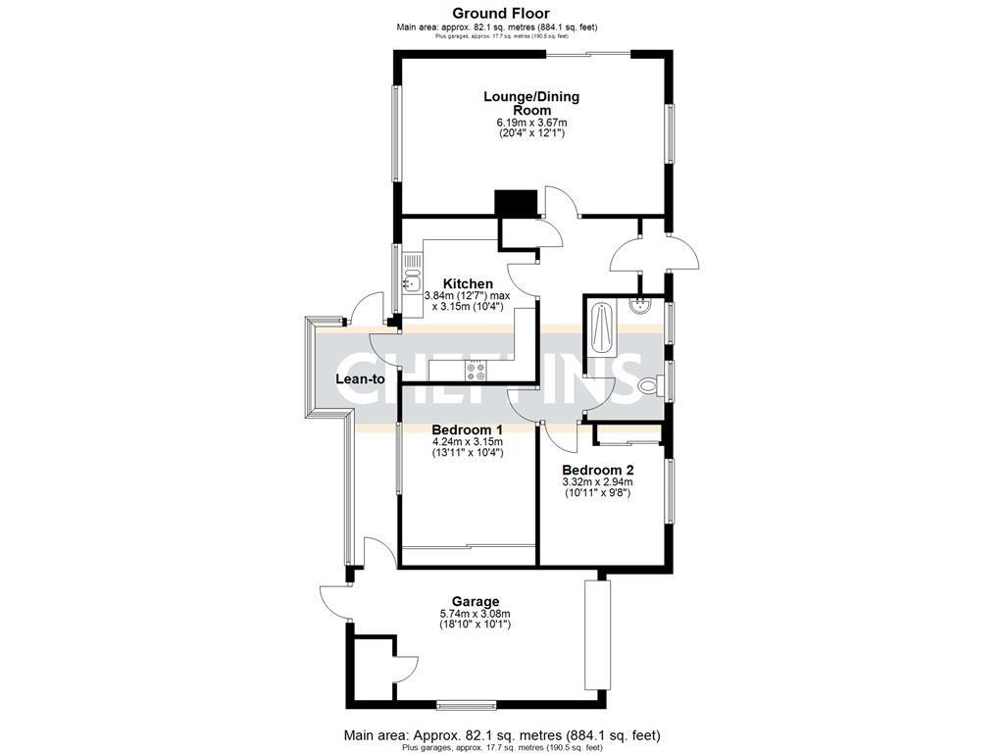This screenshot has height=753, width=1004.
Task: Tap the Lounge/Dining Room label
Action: point(531,103)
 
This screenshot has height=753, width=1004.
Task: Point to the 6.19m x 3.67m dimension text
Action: point(531,122)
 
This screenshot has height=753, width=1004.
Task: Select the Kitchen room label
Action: point(467,283)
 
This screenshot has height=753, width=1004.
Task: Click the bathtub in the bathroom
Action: point(601,332)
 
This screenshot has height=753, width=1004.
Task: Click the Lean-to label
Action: point(361,378)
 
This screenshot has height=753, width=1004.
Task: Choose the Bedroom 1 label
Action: point(467,429)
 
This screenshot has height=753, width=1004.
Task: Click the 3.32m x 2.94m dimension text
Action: point(597,481)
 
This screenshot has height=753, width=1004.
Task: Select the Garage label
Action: point(475,601)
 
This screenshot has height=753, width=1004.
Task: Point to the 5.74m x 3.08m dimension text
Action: point(475,614)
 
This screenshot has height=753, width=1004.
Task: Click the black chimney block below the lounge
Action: point(517,203)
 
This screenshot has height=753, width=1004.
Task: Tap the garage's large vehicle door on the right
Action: point(596,635)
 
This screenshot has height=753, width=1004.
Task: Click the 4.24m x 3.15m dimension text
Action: point(467,442)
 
